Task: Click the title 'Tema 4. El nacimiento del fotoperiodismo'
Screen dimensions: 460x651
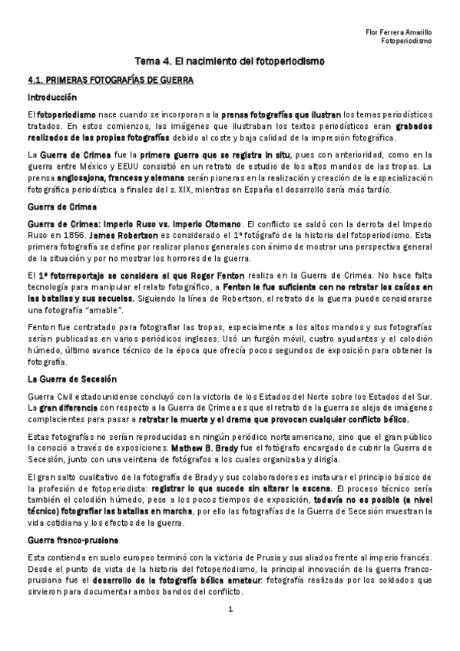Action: coord(230,59)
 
